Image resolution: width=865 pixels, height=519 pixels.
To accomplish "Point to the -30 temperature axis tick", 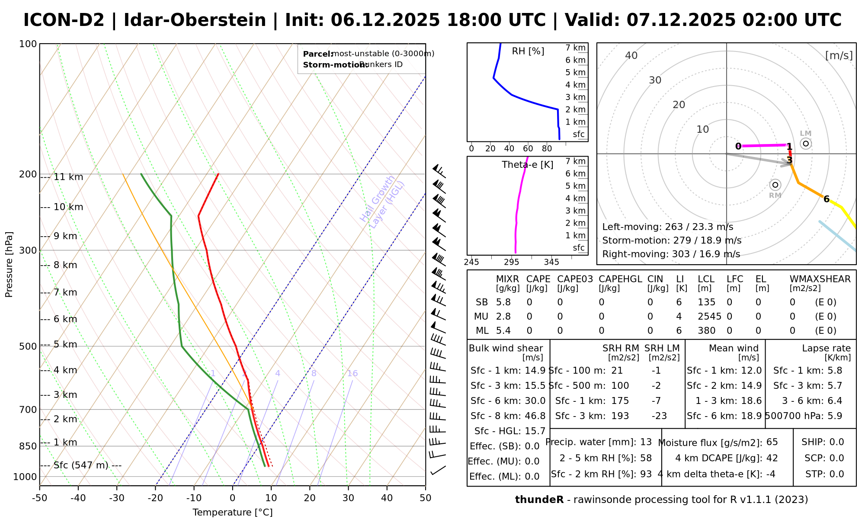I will click(x=117, y=498).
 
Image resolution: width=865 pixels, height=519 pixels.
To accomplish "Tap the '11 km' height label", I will click(x=68, y=177).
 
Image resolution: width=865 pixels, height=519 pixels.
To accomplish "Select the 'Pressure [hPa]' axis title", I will click(x=9, y=264).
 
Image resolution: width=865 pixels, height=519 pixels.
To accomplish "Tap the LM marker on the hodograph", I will click(x=805, y=143).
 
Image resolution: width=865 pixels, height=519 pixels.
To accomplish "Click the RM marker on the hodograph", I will click(x=775, y=185).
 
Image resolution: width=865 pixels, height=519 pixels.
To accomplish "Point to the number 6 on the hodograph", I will click(x=826, y=199).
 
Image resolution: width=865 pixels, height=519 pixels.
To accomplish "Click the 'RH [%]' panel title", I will click(x=528, y=51).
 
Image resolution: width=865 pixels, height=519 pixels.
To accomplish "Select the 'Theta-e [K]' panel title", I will click(x=527, y=165).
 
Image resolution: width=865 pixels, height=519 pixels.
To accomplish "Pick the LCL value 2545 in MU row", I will click(x=709, y=317).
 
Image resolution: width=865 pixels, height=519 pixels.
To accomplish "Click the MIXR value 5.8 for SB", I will click(x=503, y=302).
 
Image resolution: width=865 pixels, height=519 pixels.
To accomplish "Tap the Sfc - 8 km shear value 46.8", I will click(x=535, y=416).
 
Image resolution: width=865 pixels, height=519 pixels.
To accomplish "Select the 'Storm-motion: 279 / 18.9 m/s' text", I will click(x=672, y=240).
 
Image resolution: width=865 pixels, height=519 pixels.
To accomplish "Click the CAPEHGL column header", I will click(x=620, y=279).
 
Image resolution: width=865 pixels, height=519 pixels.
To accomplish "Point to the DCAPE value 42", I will click(x=772, y=458).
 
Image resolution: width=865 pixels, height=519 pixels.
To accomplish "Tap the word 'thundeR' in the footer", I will click(x=539, y=500).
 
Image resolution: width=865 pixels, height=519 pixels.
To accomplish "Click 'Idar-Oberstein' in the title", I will click(x=195, y=20).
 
